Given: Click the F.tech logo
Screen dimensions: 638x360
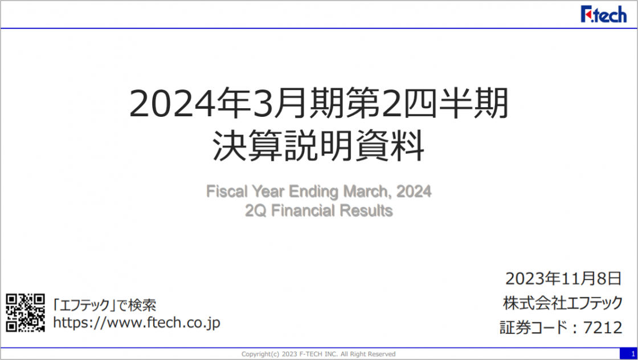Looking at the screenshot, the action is point(604,14).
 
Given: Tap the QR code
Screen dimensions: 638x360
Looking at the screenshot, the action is point(25,312).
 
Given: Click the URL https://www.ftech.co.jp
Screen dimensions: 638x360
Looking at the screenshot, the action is point(137,322).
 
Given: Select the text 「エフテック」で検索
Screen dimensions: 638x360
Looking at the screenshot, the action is point(105,305).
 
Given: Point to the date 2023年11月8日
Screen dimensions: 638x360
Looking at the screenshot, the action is point(563,279).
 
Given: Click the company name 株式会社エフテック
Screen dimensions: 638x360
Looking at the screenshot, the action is point(563,302).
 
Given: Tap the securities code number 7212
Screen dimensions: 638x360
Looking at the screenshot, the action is point(603,328).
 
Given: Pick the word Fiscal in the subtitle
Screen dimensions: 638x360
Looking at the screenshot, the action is point(227,191).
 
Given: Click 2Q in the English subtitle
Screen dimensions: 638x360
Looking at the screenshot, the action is point(256,211).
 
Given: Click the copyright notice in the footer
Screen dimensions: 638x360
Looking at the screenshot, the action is point(318,354).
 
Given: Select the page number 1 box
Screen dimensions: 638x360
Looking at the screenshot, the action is point(629,354).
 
